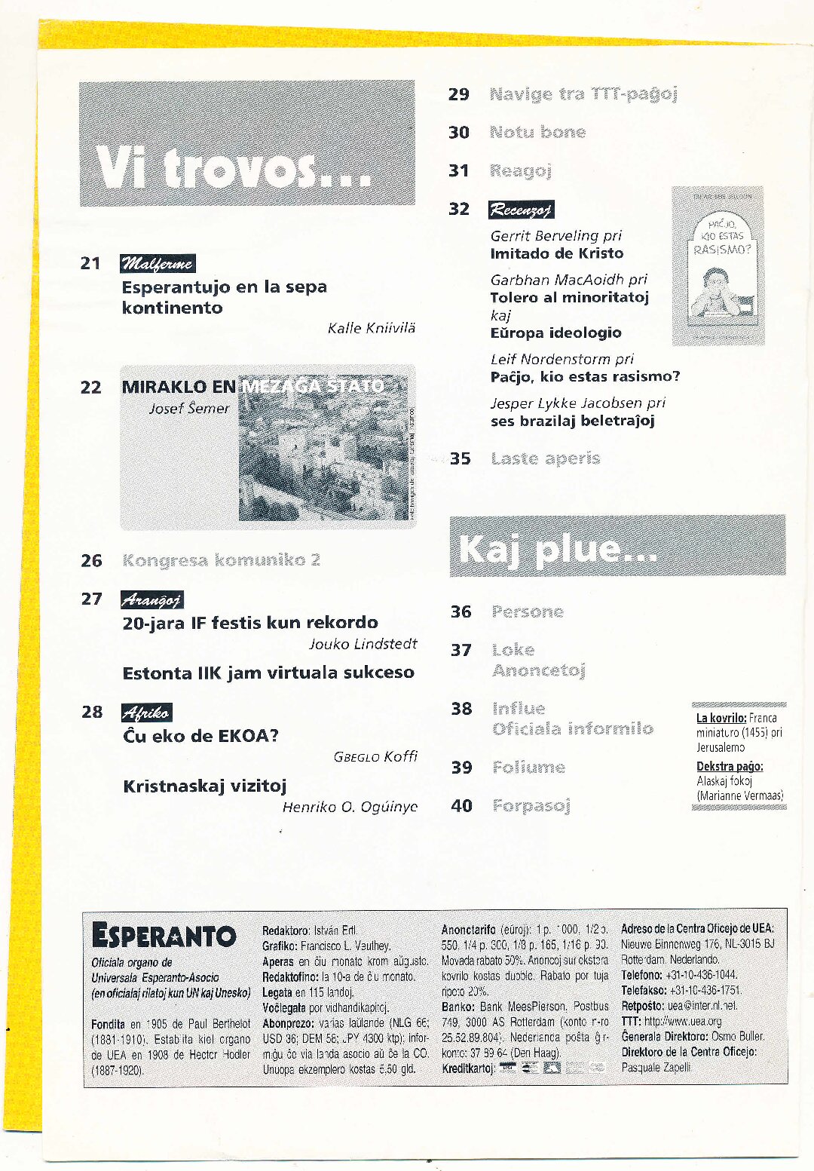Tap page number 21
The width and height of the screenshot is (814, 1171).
pyautogui.click(x=90, y=263)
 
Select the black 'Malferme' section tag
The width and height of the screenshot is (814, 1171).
pyautogui.click(x=158, y=263)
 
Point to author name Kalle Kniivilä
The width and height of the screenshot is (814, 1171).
pyautogui.click(x=371, y=328)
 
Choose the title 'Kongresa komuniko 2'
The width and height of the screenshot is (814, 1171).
pyautogui.click(x=221, y=560)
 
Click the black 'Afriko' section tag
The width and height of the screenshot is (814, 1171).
pyautogui.click(x=146, y=713)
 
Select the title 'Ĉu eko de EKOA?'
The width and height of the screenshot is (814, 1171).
pyautogui.click(x=200, y=736)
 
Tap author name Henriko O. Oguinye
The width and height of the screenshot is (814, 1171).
pyautogui.click(x=350, y=807)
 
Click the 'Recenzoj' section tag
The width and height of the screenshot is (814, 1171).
pyautogui.click(x=521, y=210)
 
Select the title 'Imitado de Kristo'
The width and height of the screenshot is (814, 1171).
pyautogui.click(x=557, y=253)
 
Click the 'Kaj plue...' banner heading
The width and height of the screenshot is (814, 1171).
pyautogui.click(x=558, y=549)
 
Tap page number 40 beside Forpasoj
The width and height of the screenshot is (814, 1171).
pyautogui.click(x=461, y=805)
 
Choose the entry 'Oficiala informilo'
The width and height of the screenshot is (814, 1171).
pyautogui.click(x=572, y=728)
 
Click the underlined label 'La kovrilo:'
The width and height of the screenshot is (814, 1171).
pyautogui.click(x=721, y=718)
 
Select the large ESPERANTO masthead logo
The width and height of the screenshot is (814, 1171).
pyautogui.click(x=164, y=936)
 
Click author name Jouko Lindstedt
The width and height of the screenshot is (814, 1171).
pyautogui.click(x=363, y=644)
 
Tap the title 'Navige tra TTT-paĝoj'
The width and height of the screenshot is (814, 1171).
pyautogui.click(x=583, y=94)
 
